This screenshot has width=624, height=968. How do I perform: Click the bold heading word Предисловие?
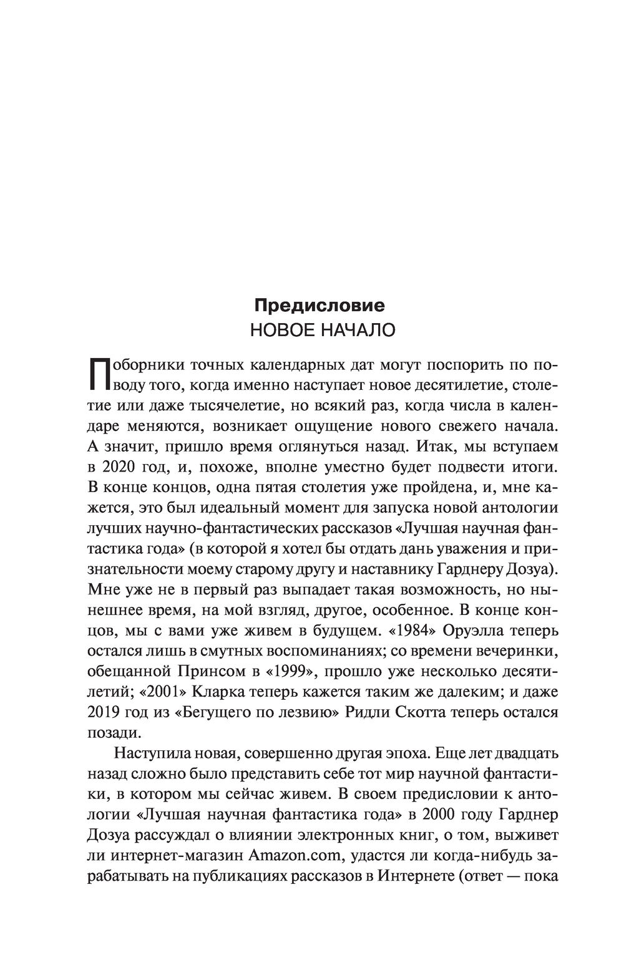[318, 305]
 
